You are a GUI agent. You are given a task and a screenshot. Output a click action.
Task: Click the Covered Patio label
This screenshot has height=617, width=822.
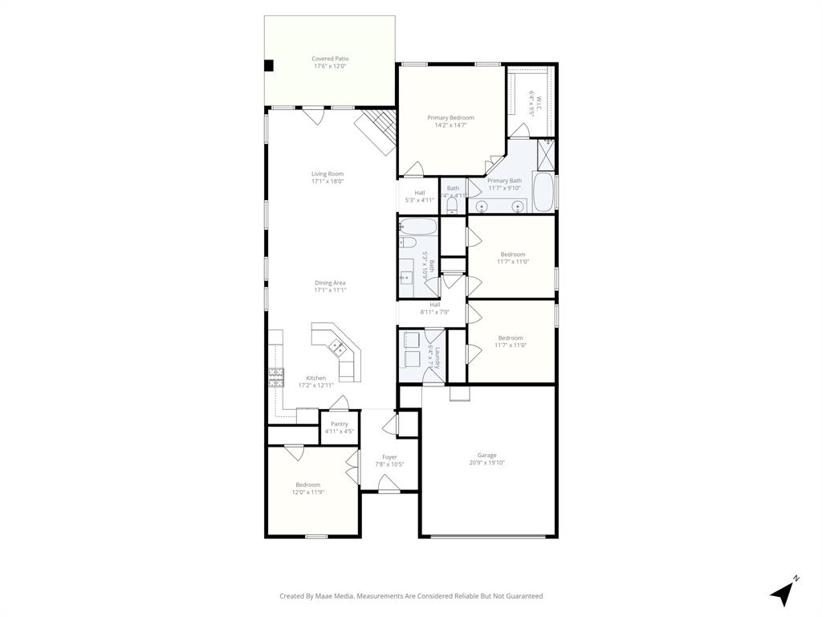pos(330,59)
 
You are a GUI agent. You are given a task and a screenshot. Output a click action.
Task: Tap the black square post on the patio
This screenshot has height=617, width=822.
pos(270,66)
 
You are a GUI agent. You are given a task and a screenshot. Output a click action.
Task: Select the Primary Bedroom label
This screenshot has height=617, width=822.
pos(450,118)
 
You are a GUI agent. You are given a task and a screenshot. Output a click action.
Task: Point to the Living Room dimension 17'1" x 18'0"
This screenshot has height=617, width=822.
pos(328,182)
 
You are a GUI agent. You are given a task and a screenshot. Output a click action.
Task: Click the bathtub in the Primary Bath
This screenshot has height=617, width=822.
pos(543,192)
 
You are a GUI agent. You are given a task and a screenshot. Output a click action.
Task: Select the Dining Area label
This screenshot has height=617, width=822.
pos(330,283)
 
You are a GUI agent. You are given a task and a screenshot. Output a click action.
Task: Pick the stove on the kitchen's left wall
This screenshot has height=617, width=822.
pos(276,378)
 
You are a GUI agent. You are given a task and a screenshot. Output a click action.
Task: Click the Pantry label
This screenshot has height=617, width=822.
pos(340,424)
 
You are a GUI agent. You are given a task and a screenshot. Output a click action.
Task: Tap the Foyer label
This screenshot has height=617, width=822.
pos(389,457)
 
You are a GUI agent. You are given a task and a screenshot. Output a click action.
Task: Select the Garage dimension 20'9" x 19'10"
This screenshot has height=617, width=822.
pos(487,463)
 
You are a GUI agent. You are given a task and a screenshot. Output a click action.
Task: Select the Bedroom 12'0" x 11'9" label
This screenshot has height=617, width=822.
pos(307,484)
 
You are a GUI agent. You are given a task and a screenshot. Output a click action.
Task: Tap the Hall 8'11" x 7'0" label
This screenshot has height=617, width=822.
pos(434,304)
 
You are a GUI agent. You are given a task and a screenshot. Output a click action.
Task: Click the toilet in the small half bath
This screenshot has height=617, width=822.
pos(451,206)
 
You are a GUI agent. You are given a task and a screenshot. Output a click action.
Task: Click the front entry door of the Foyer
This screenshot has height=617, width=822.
pos(389,484)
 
